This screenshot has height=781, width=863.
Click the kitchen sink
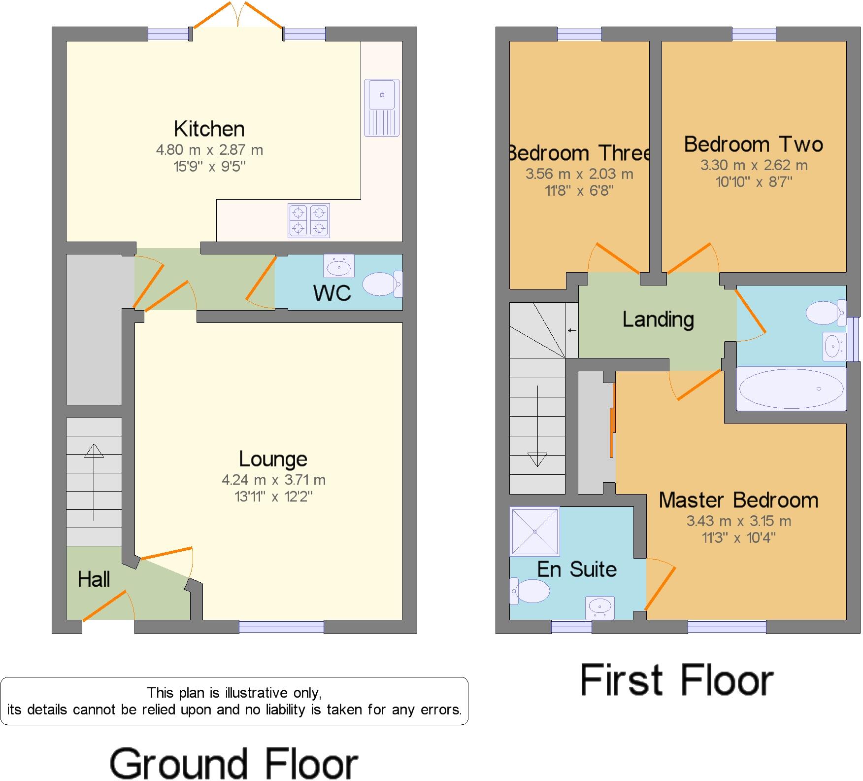click(x=382, y=107)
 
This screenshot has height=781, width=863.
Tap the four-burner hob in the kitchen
click(x=309, y=220)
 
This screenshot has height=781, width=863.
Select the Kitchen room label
click(x=209, y=129)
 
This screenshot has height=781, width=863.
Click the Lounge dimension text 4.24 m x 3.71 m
click(x=273, y=480)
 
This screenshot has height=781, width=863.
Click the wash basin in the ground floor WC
click(x=339, y=267)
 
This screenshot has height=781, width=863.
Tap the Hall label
click(x=94, y=580)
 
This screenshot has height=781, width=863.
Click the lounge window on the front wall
click(x=281, y=627)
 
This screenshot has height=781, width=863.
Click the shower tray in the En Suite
click(x=534, y=531)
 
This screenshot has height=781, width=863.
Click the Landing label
click(x=658, y=319)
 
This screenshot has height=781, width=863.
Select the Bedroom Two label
click(x=753, y=144)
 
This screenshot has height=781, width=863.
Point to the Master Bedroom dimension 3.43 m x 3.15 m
click(x=738, y=521)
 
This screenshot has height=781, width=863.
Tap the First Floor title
click(x=677, y=680)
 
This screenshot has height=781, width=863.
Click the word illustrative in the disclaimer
click(x=258, y=693)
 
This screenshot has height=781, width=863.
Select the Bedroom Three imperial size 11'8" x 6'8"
click(x=579, y=191)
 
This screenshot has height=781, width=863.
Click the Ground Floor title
click(x=233, y=763)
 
